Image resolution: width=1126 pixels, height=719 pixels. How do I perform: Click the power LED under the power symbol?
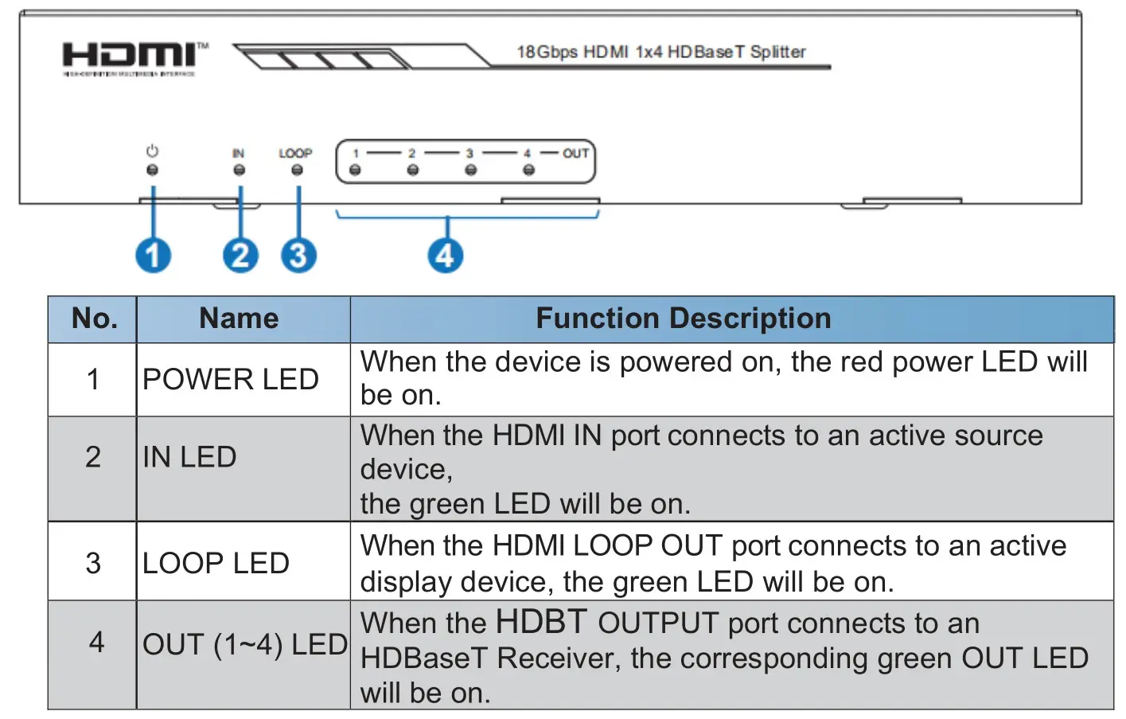tap(153, 170)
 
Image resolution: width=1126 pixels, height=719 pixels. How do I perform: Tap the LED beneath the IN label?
tap(239, 170)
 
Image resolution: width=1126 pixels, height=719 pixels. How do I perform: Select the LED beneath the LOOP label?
tap(297, 170)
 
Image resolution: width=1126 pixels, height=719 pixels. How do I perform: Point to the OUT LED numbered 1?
tap(355, 170)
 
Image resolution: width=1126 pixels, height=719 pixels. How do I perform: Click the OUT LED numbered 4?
tap(528, 170)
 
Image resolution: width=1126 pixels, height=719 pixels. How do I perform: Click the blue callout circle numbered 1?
tap(153, 256)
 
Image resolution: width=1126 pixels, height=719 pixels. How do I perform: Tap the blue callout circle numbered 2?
tap(240, 256)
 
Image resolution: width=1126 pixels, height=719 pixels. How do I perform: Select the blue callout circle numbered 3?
tap(298, 256)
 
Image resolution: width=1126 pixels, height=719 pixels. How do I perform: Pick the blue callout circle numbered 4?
tap(446, 256)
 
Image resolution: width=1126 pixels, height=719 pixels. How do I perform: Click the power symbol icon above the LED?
tap(153, 150)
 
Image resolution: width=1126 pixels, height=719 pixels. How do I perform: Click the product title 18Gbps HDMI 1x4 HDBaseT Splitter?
tap(660, 52)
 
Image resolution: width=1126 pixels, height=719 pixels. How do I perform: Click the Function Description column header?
tap(683, 318)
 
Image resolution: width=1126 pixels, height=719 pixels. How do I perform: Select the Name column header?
tap(239, 318)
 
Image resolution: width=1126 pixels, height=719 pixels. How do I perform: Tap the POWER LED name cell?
tap(231, 379)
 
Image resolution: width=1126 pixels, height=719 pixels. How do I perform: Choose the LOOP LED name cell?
tap(216, 563)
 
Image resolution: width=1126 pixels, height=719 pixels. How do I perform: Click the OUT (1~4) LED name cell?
tap(244, 644)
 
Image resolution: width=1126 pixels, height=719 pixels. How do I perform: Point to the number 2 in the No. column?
tap(93, 457)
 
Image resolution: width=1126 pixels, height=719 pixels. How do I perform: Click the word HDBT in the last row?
tap(541, 622)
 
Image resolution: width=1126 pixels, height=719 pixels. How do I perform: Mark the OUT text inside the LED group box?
tap(575, 153)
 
